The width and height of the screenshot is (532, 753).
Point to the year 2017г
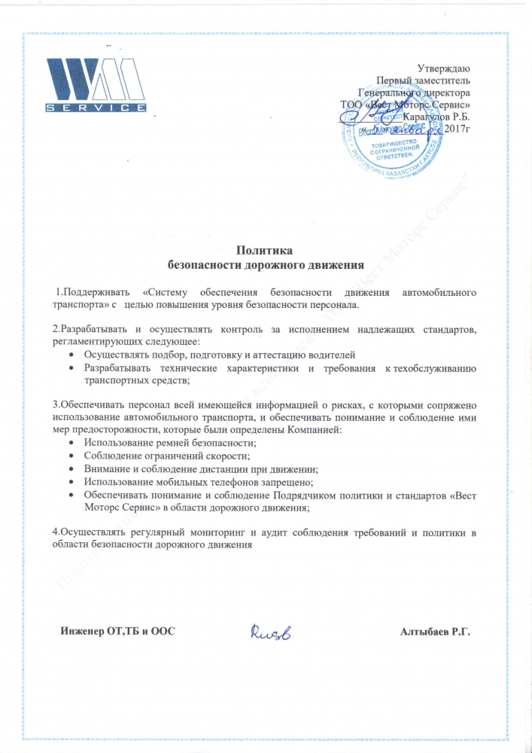point(457,129)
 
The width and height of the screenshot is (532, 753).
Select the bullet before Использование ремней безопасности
point(71,443)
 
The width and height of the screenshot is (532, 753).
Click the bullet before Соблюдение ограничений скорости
point(71,456)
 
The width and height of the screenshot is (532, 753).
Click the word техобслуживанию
point(429,367)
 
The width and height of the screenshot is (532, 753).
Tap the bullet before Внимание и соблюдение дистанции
point(71,469)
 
